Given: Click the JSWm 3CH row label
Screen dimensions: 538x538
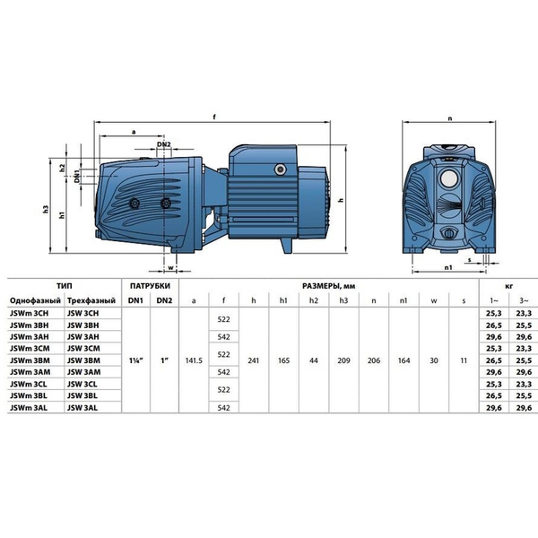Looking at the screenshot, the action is point(30,313).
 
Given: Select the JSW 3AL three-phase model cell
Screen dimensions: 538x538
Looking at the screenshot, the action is point(82,408).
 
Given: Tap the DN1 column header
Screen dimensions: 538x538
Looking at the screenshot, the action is point(135,300).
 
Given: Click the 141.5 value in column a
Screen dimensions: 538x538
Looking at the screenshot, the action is point(194,360).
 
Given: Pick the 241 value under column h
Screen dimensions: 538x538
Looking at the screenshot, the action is point(254,360).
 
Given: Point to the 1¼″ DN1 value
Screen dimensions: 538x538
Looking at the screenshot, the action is point(136,360).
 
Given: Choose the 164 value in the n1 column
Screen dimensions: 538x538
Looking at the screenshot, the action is point(403,360).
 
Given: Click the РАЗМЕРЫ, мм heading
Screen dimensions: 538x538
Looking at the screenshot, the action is point(329,286).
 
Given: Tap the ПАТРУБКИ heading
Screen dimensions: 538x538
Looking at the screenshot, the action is point(150,286).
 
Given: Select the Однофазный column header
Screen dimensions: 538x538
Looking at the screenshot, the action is point(35,301).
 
